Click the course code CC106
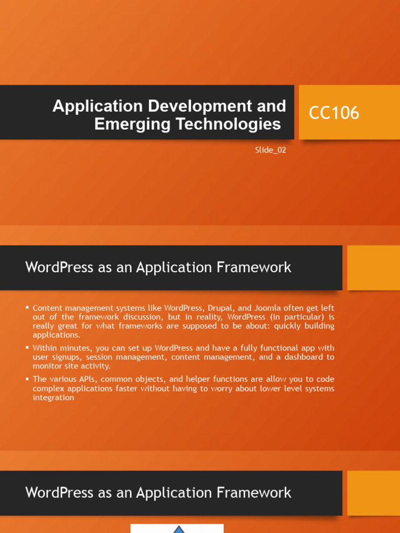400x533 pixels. pos(334,113)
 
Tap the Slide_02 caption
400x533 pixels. pos(270,150)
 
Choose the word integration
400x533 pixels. pos(53,398)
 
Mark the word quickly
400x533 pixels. pos(287,326)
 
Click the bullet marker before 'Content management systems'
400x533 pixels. pos(27,308)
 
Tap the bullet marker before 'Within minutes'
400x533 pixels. pos(27,348)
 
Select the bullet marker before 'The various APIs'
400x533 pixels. pos(27,379)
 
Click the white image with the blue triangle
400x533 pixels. pos(177,528)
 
